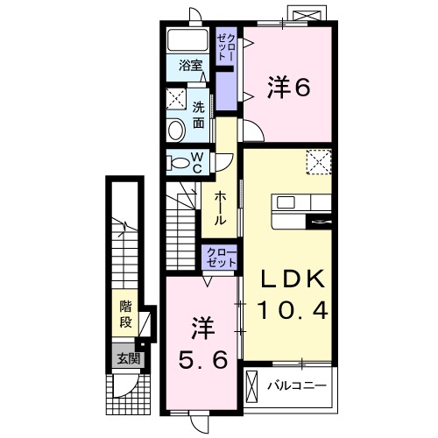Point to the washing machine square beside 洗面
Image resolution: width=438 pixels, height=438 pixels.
click(176, 97)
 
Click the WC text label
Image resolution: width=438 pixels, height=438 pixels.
click(197, 162)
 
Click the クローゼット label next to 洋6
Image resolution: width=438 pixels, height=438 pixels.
click(227, 45)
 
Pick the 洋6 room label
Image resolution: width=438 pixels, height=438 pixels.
click(288, 87)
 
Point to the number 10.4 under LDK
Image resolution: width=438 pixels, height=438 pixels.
click(293, 309)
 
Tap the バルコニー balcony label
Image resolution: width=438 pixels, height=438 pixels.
click(297, 385)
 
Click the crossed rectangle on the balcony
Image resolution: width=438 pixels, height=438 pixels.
click(253, 385)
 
